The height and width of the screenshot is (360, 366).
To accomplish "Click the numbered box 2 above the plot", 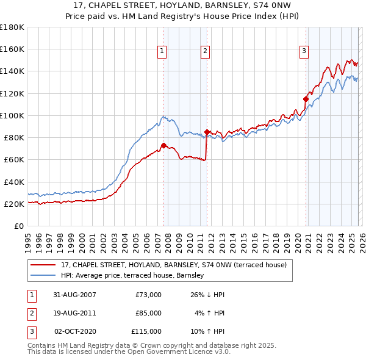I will coord(206,52).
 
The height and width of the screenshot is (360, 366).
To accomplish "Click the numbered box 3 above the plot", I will coord(304,52).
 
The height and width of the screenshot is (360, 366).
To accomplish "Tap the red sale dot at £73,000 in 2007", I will coord(163,145).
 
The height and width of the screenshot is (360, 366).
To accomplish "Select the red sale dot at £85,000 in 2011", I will coord(207,132).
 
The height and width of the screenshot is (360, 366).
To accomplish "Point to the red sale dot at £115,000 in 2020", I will coord(306,98).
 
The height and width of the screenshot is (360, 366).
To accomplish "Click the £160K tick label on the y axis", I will coord(12,49).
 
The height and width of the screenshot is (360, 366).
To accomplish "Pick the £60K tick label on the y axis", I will coord(13,160).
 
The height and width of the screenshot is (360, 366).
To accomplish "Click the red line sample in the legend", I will coord(43,265).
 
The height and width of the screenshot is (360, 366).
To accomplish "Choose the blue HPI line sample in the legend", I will coord(43,275).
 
